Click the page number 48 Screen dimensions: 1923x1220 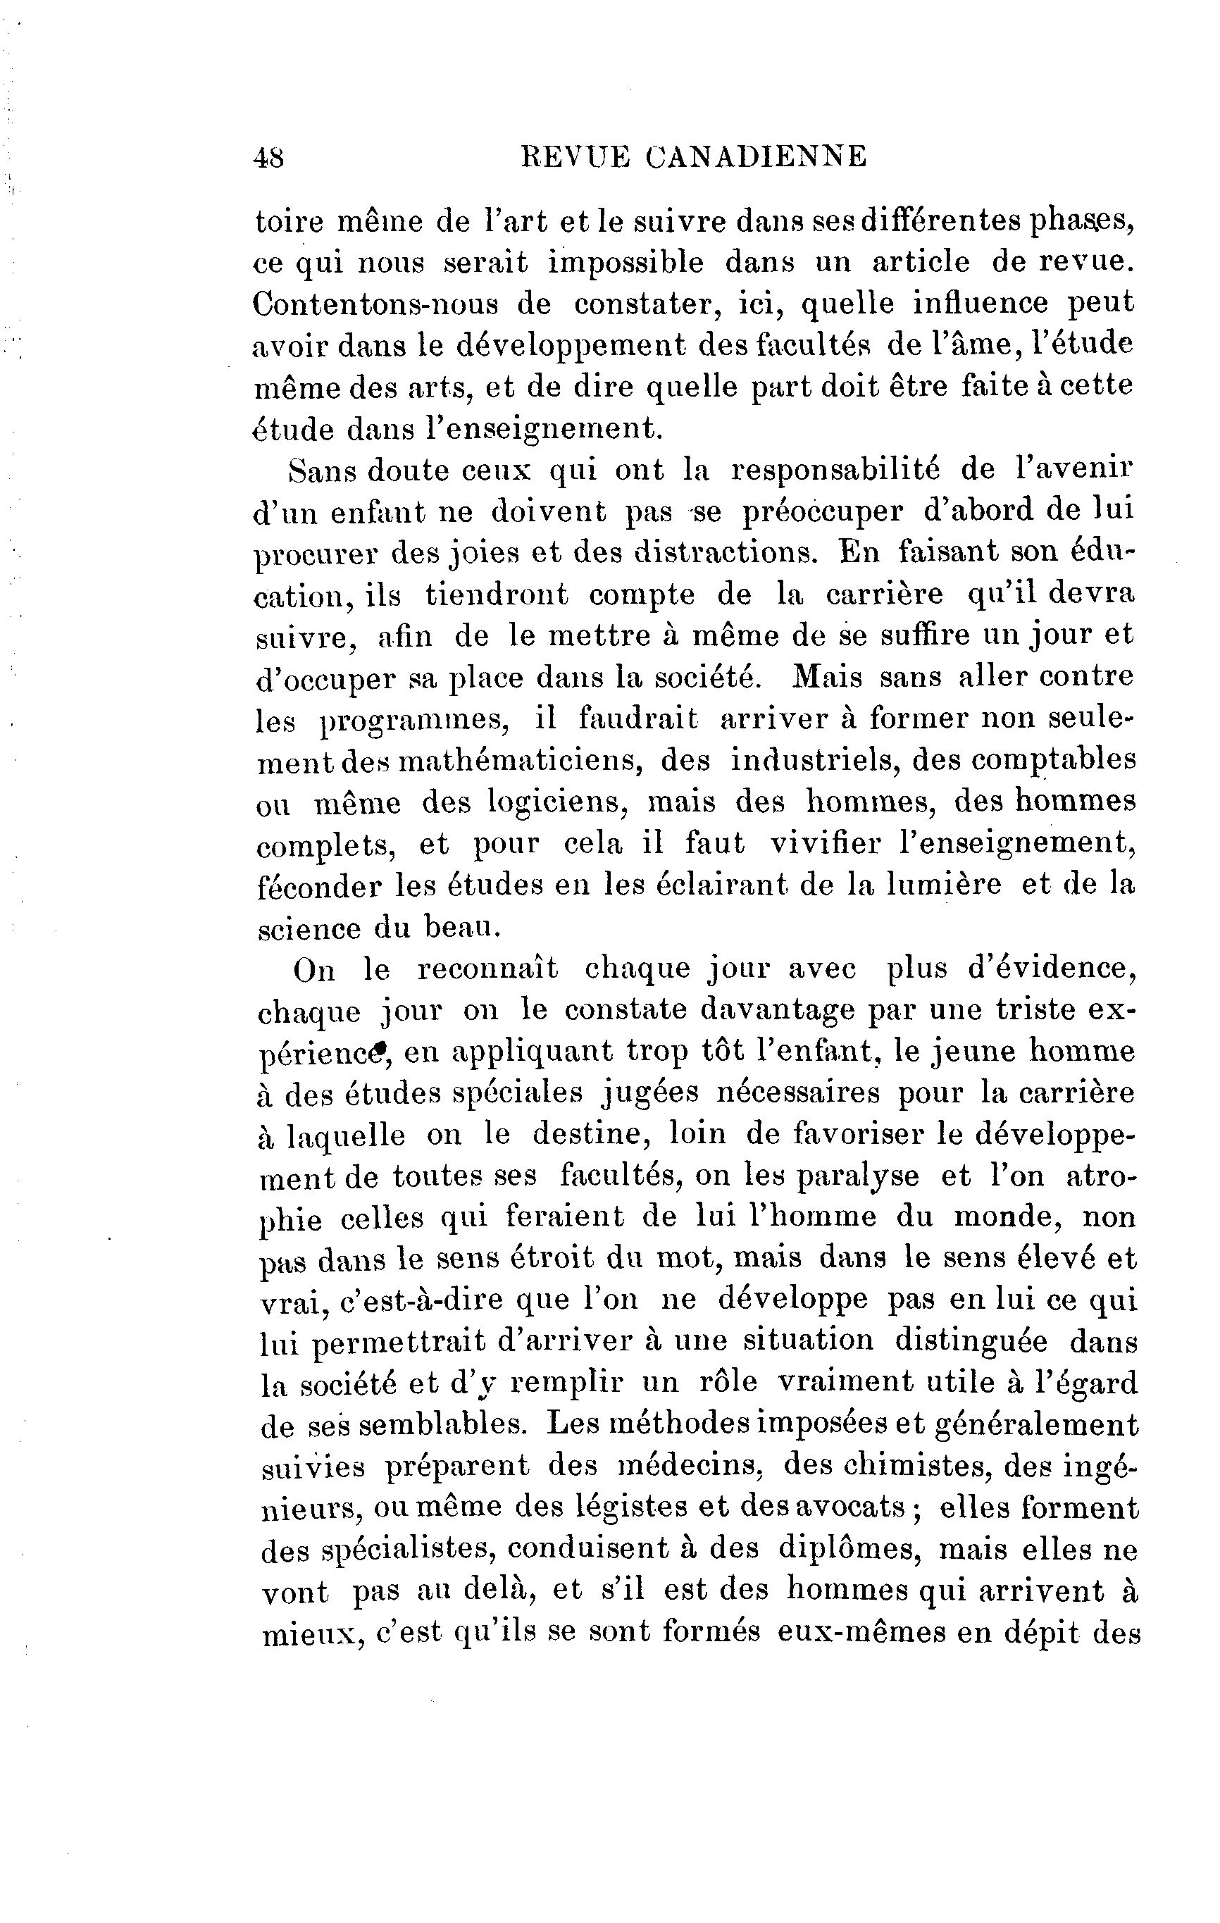[268, 157]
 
